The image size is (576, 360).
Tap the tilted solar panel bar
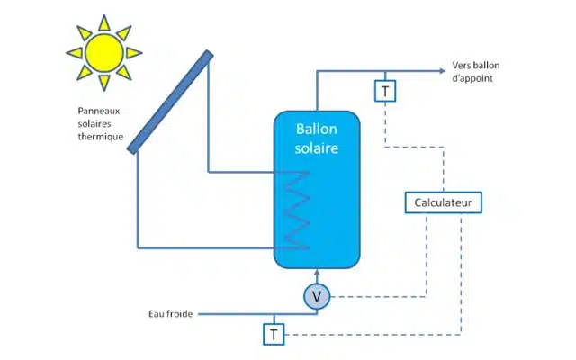click(x=171, y=102)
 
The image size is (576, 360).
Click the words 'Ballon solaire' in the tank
click(x=317, y=139)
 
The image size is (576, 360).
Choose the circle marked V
click(x=317, y=296)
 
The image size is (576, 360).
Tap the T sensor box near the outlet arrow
click(x=385, y=91)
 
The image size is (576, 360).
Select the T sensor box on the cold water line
click(x=273, y=334)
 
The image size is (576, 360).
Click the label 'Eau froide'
click(x=171, y=314)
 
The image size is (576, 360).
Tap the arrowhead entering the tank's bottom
click(x=317, y=274)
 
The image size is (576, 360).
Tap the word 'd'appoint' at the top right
click(x=472, y=79)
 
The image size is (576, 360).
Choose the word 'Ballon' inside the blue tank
click(x=317, y=130)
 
